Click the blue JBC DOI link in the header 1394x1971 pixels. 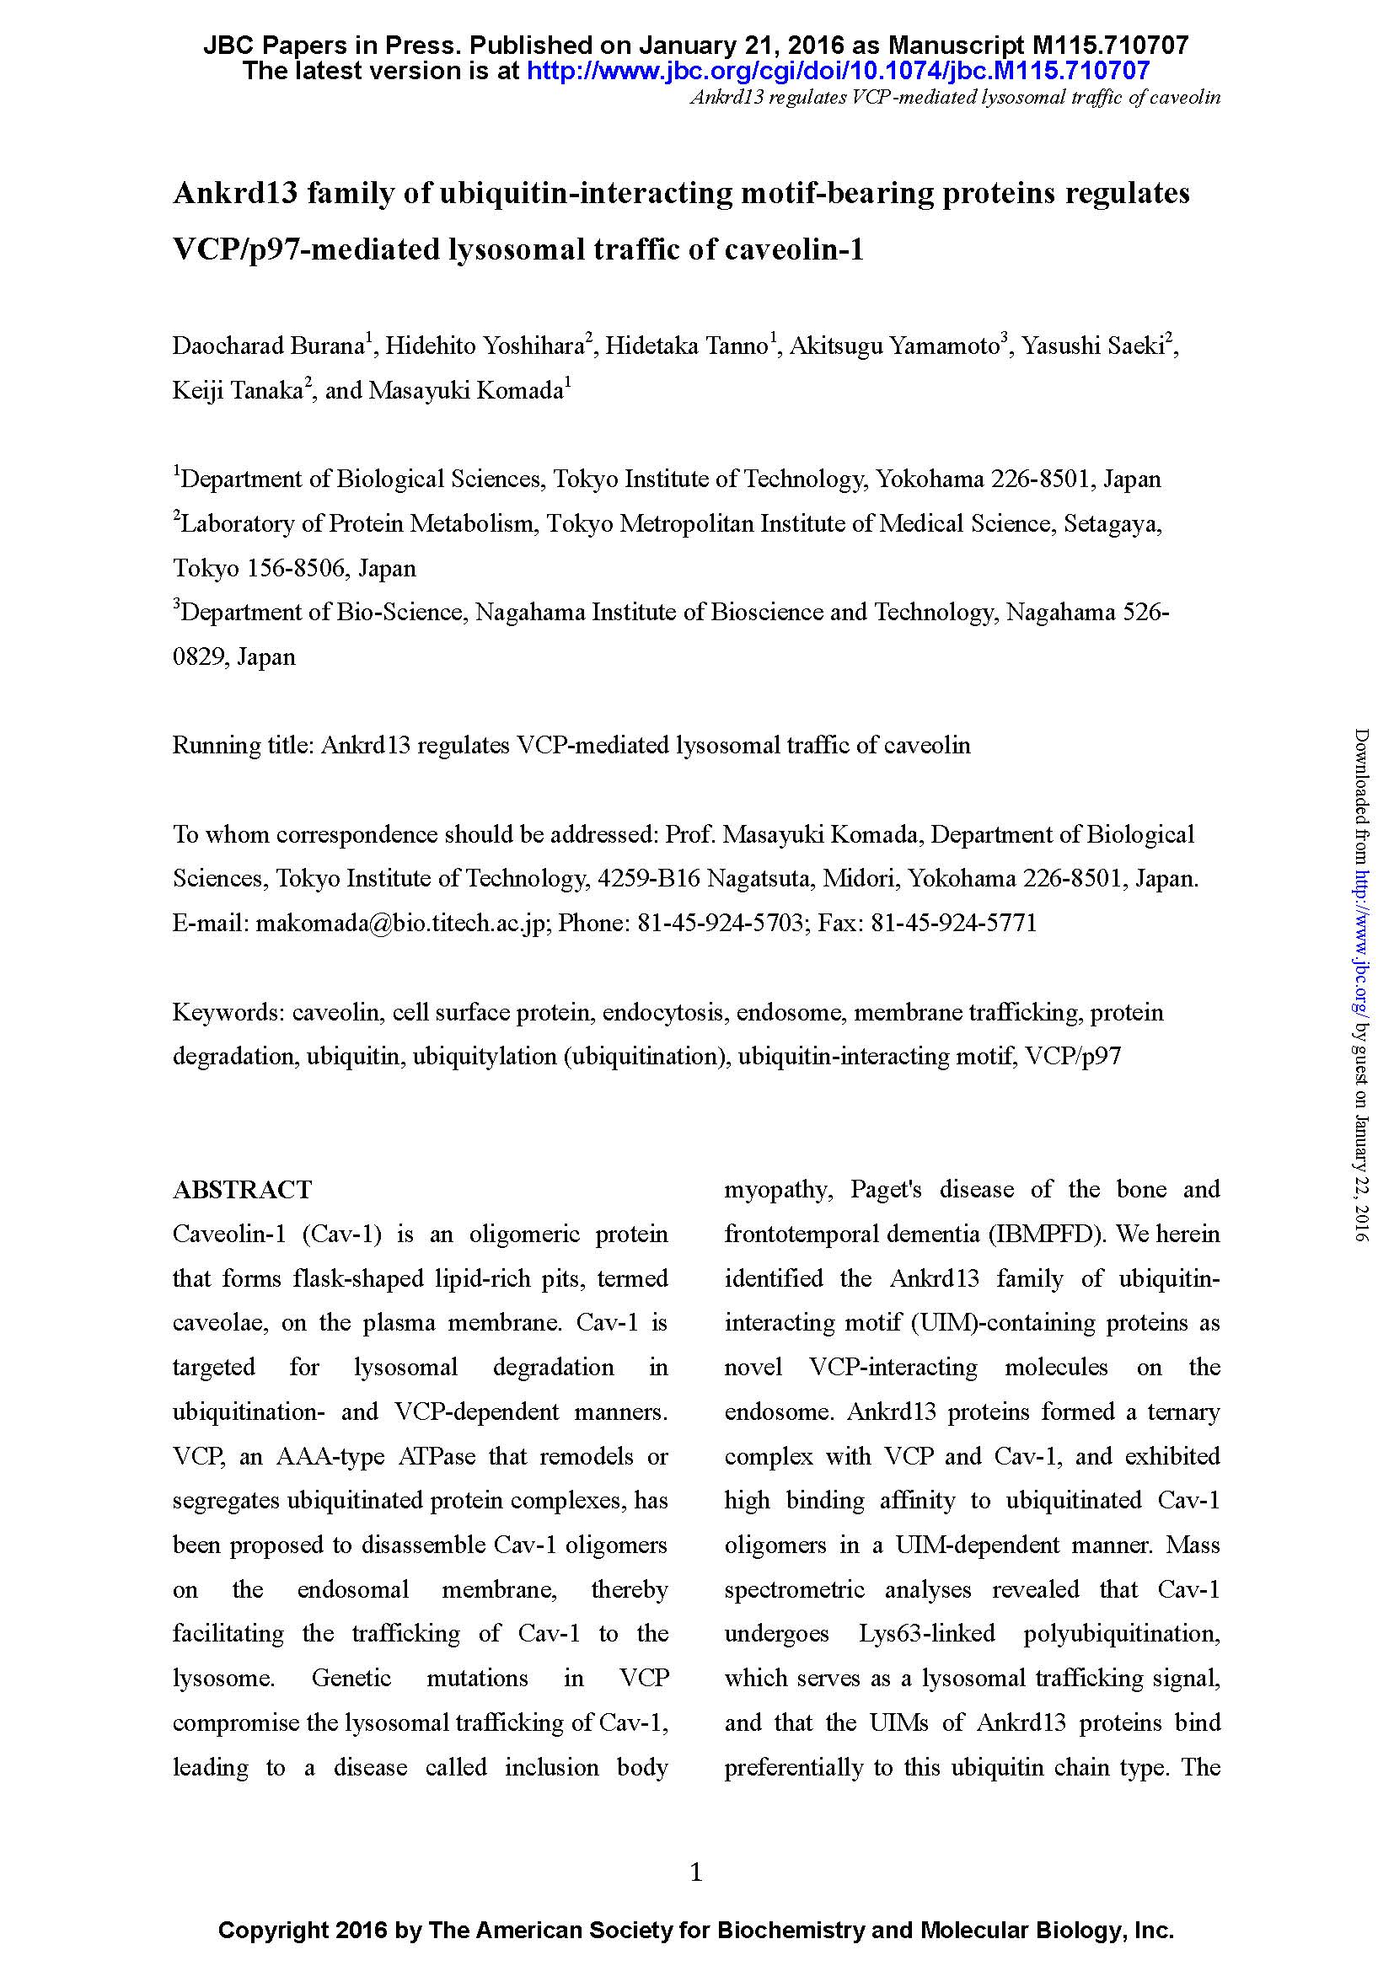[x=837, y=71]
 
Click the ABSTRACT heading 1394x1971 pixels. [x=242, y=1190]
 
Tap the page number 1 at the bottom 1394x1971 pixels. [x=696, y=1872]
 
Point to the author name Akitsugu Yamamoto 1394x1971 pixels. [x=894, y=346]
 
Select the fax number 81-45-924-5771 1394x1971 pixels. [x=954, y=923]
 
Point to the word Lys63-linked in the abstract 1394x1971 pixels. [x=926, y=1632]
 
